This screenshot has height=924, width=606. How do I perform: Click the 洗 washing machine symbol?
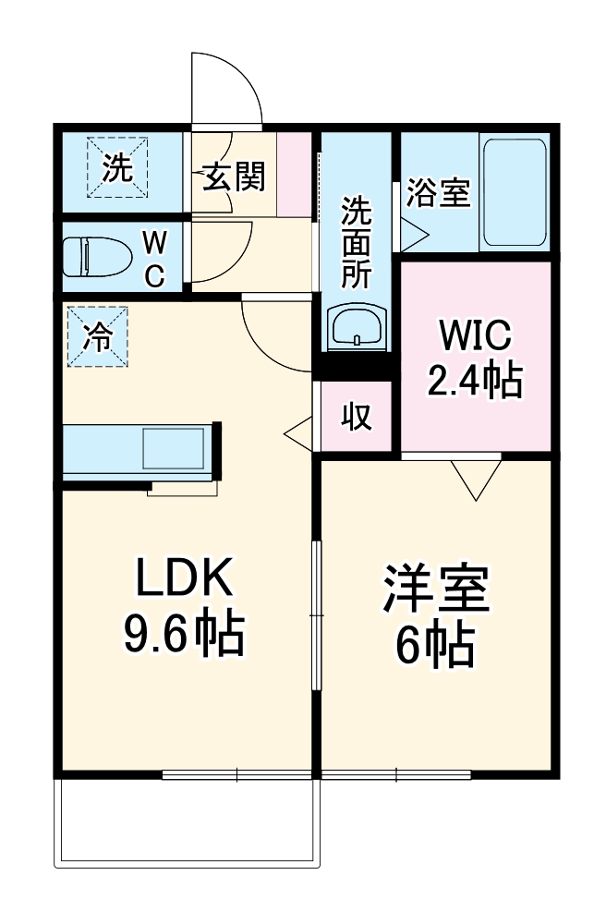[x=117, y=167]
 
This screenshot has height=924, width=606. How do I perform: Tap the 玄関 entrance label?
[x=234, y=176]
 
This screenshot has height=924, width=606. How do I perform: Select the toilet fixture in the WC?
[x=96, y=258]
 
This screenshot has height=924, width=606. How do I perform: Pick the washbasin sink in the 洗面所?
[x=356, y=328]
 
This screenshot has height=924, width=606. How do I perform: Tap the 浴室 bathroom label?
[x=440, y=193]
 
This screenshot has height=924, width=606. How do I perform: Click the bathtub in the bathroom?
[x=514, y=193]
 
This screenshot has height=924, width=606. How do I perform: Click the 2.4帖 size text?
[x=474, y=379]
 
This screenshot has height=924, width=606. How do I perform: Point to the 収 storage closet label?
[x=358, y=418]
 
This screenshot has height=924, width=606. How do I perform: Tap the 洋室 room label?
[x=436, y=592]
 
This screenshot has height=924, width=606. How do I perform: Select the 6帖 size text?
[x=436, y=646]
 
